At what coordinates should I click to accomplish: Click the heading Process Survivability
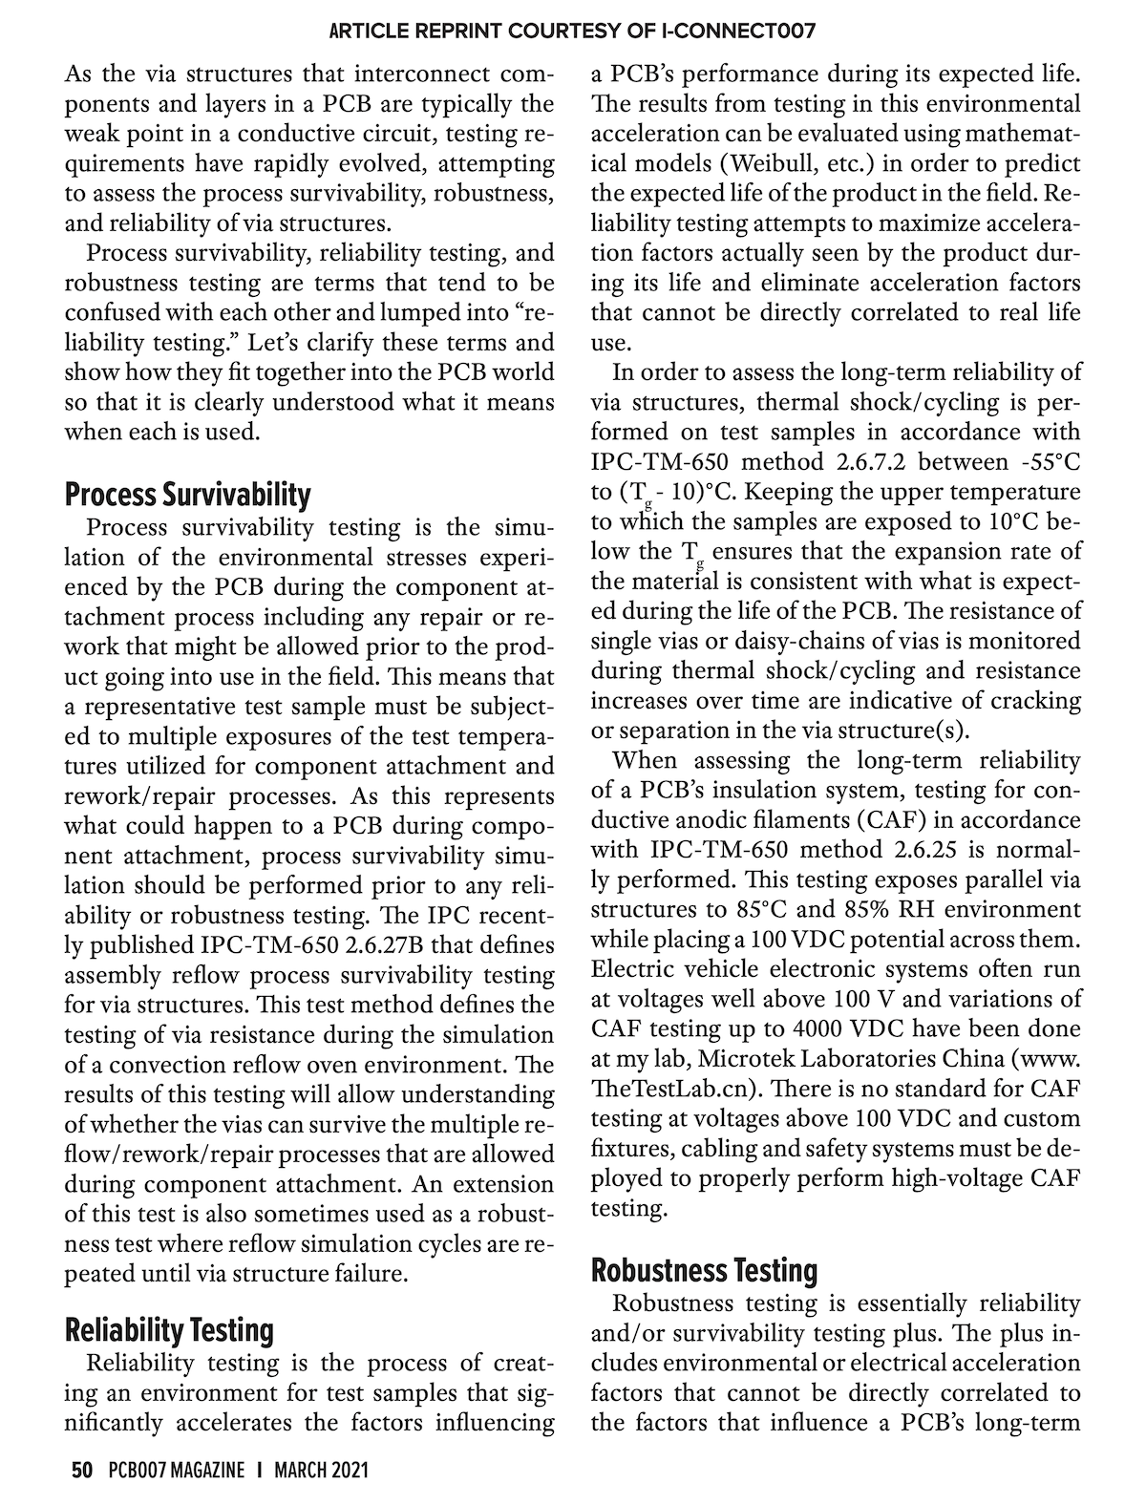pos(187,495)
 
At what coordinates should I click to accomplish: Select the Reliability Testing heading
pos(168,1329)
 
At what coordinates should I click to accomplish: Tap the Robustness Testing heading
pos(705,1270)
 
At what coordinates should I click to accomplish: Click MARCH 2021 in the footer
pos(321,1470)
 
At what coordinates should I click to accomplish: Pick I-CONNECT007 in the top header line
pos(737,32)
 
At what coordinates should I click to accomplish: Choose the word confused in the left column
pos(116,312)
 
